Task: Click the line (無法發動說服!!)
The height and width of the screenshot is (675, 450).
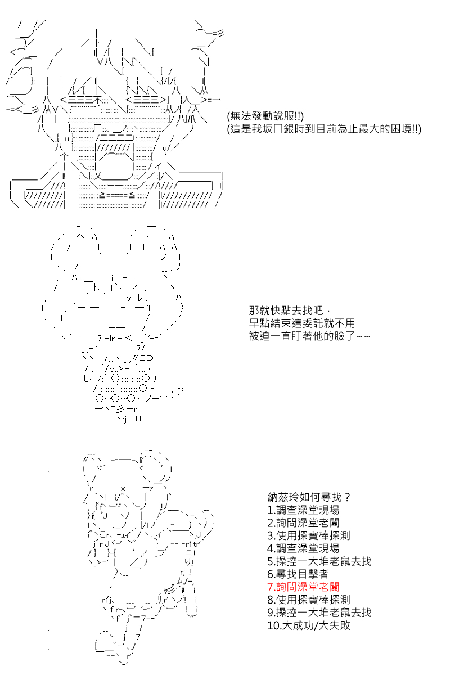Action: (265, 116)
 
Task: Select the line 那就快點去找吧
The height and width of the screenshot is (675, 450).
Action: (286, 310)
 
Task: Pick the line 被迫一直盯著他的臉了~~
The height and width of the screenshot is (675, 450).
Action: (309, 336)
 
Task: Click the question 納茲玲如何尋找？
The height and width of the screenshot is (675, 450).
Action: (310, 497)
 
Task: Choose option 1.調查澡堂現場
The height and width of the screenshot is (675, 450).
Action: (304, 510)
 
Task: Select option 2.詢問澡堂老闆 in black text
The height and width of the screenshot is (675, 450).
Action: (304, 523)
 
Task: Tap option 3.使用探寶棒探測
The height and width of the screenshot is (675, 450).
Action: (309, 535)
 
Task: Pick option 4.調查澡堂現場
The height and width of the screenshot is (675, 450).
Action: (304, 548)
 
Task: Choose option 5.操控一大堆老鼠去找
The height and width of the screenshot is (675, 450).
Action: (319, 561)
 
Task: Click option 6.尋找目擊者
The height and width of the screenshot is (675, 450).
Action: (298, 574)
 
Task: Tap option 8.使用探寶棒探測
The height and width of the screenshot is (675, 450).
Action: (309, 600)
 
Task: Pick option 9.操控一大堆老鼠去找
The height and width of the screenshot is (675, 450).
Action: (319, 613)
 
